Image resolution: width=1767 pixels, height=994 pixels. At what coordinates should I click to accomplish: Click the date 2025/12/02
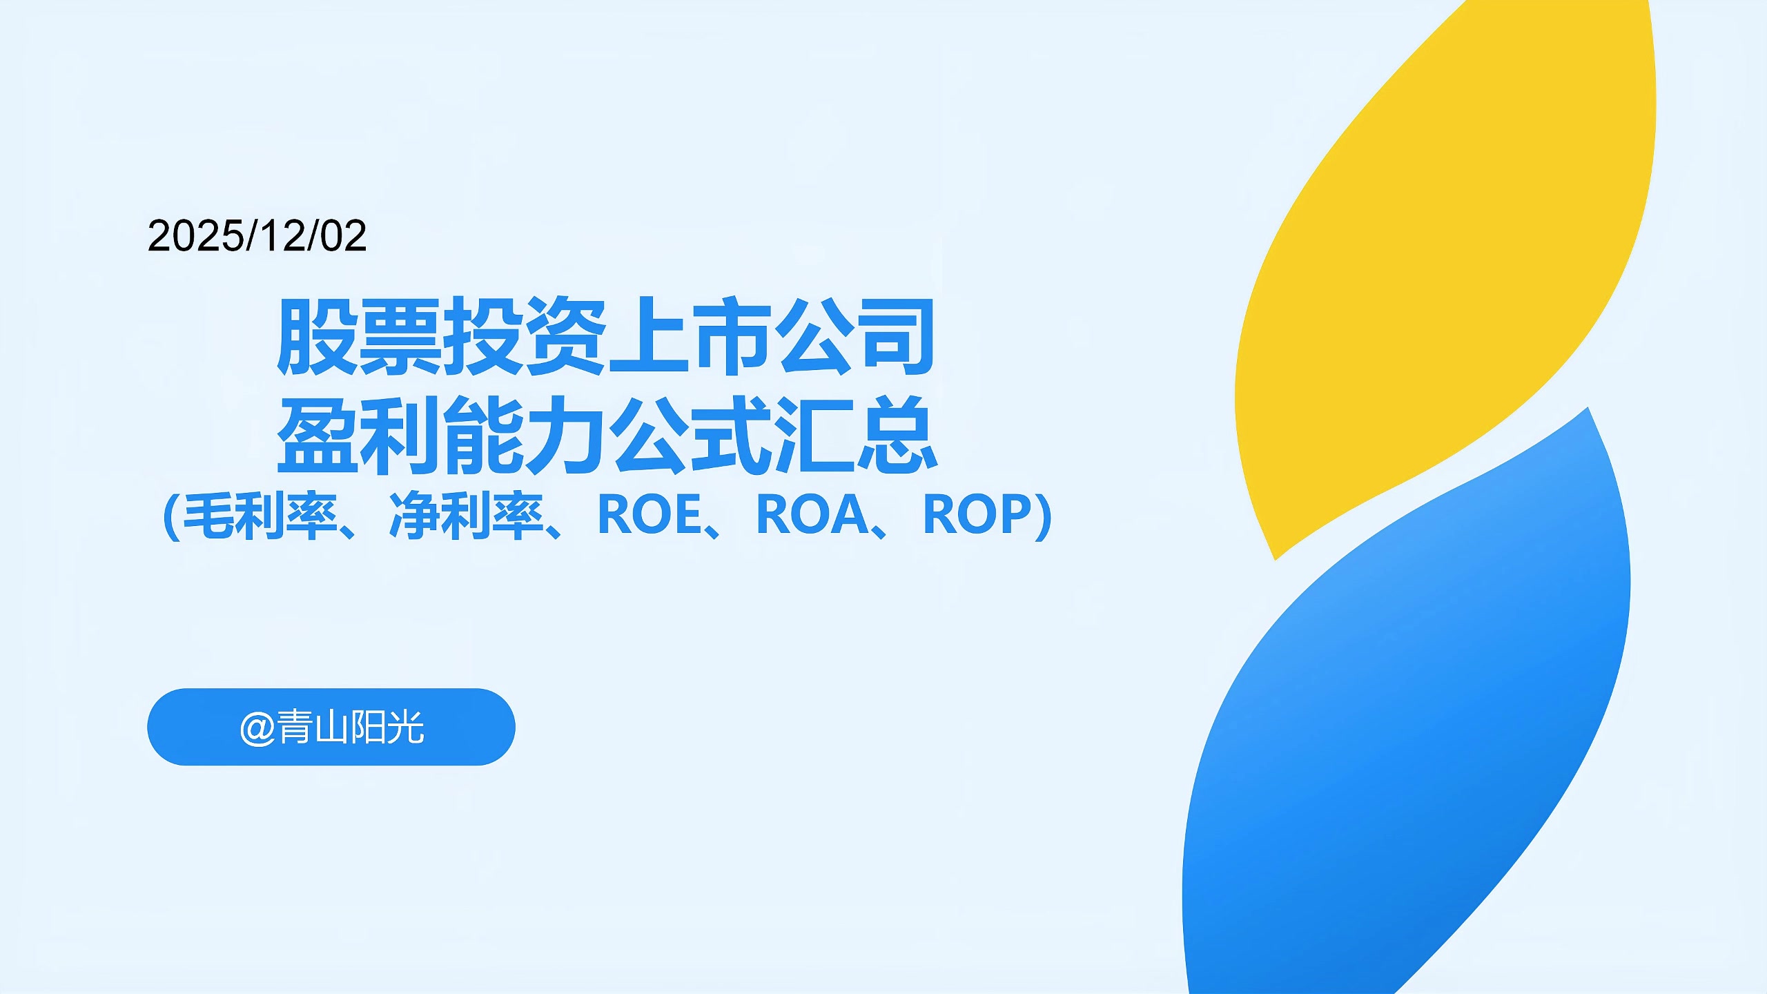pos(257,236)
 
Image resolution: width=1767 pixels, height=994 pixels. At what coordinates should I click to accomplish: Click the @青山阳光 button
pos(331,727)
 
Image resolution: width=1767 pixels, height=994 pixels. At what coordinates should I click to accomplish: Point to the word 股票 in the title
pos(359,337)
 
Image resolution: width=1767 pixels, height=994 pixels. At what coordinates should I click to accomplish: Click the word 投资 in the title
pos(525,337)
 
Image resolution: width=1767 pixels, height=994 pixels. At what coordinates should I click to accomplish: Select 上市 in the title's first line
pos(690,337)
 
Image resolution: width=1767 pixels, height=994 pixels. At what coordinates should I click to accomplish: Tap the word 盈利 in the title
pos(359,435)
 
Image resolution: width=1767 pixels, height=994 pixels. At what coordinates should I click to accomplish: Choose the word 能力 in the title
pos(525,435)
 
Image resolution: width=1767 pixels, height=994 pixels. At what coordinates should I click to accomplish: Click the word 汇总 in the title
pos(856,435)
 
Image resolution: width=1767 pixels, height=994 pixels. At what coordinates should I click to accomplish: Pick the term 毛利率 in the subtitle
pos(260,516)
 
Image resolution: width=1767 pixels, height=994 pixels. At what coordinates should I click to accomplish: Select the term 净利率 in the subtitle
pos(467,516)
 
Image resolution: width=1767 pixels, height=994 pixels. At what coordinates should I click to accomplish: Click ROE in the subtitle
pos(650,516)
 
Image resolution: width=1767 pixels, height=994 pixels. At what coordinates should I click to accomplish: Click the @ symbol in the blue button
pos(257,728)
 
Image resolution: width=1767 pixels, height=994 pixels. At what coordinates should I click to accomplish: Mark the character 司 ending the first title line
pos(896,337)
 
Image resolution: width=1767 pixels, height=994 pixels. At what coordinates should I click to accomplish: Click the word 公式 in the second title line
pos(690,435)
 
